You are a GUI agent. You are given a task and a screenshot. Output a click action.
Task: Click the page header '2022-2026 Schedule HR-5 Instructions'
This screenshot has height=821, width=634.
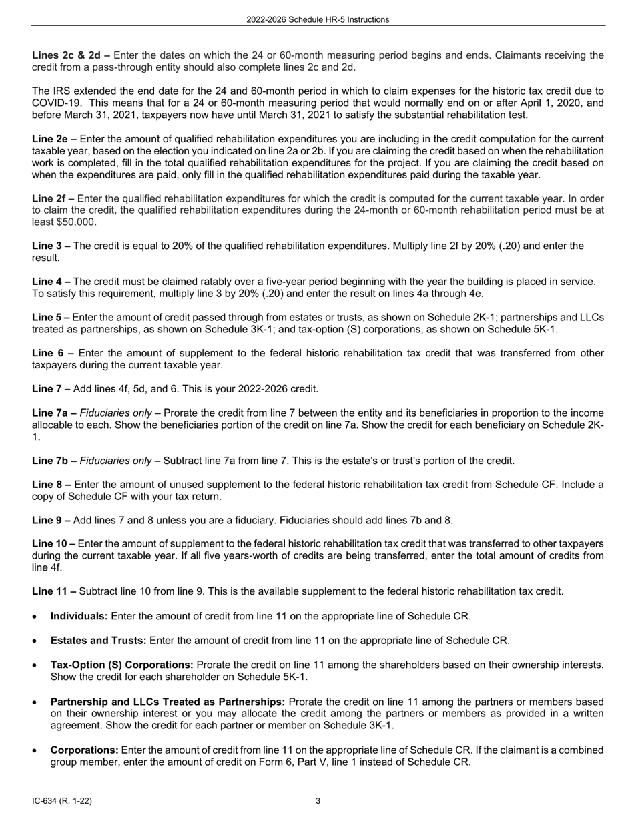[317, 20]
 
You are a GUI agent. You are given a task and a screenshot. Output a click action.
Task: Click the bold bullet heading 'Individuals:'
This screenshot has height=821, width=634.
[79, 616]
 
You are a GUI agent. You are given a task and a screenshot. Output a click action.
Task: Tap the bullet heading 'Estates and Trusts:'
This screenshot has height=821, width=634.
[99, 641]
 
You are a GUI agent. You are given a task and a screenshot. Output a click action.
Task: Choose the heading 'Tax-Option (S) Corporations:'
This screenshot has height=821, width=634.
[122, 665]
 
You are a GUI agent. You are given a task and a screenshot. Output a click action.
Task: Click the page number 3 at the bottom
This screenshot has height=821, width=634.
[318, 800]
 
